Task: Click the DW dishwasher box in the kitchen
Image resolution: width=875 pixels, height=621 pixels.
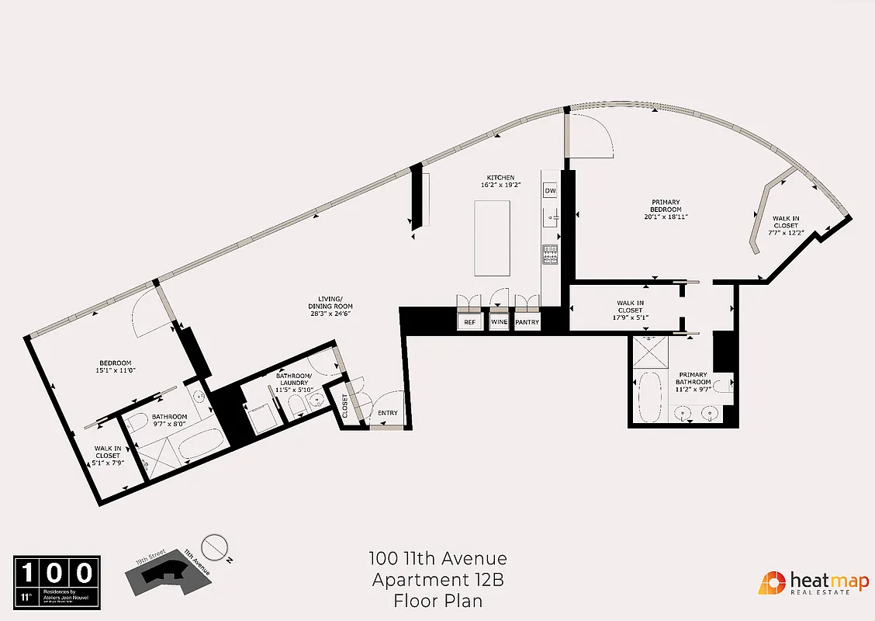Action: (x=550, y=191)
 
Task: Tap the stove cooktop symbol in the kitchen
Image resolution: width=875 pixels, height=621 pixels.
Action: (x=550, y=254)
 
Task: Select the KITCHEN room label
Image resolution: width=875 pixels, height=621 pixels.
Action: (x=500, y=178)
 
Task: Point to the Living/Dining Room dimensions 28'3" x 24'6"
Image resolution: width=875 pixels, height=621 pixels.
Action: (x=330, y=313)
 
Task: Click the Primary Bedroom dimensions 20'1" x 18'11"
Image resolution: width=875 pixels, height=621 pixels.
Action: (x=666, y=218)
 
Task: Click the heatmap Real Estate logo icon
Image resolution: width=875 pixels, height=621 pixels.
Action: (x=771, y=583)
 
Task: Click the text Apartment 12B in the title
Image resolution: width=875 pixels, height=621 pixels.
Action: (x=438, y=580)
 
